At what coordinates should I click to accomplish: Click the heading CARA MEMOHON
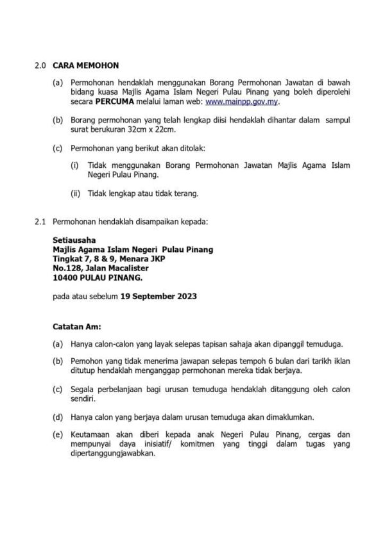85,65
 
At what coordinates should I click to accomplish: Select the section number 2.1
40,221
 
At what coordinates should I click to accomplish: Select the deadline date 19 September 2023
160,297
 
